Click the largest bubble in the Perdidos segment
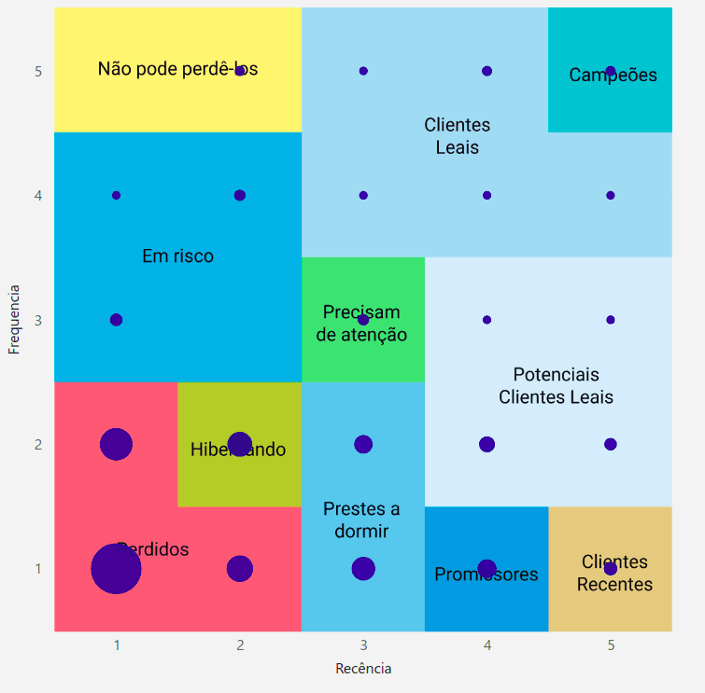pos(116,568)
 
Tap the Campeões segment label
pos(613,76)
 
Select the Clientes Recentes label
pos(614,574)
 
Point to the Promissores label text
pos(486,575)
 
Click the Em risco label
pos(177,256)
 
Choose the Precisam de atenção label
pos(361,323)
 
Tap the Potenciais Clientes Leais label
pos(556,385)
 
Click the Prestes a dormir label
pos(361,520)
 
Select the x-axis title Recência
pos(363,669)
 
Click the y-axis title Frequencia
pos(14,319)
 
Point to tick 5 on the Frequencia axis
pos(38,71)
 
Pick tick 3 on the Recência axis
pos(363,644)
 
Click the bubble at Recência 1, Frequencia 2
pos(116,444)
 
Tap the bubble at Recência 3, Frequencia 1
pos(363,568)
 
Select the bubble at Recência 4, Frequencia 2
pos(486,444)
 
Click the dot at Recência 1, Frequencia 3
pos(116,320)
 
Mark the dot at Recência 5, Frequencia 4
pos(610,195)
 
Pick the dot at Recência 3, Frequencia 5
pos(363,71)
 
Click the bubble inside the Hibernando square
pos(240,444)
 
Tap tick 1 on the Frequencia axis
pos(38,568)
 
